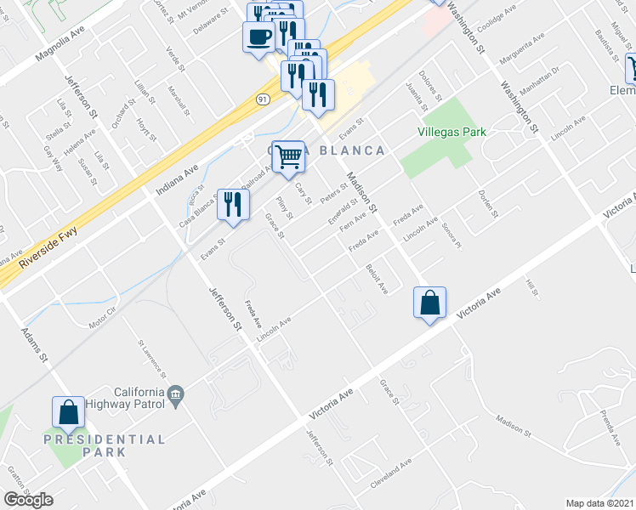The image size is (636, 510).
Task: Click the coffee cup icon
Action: coord(258,37)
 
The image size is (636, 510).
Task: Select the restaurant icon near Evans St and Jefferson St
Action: coord(232,204)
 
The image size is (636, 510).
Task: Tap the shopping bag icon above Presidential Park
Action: coord(68,412)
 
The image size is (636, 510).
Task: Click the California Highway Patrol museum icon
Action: coord(176,394)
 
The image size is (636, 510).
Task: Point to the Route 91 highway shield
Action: coord(263,99)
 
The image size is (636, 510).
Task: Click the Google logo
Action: coord(27,500)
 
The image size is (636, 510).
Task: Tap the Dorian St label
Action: coord(486,203)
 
